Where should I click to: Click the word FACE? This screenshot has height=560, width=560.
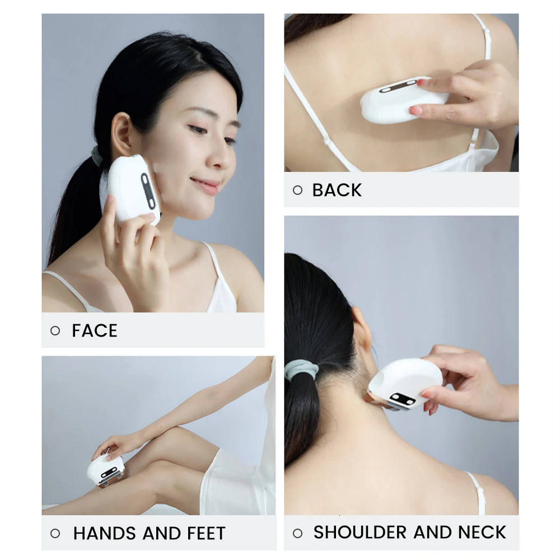pyautogui.click(x=95, y=331)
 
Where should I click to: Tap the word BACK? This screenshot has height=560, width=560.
pyautogui.click(x=337, y=190)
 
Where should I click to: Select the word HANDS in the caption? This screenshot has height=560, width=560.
pyautogui.click(x=105, y=534)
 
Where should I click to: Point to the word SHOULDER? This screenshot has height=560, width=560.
pyautogui.click(x=360, y=532)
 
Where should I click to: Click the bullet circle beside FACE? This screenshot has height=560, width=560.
pyautogui.click(x=55, y=331)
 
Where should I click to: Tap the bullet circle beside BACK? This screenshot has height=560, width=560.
pyautogui.click(x=297, y=190)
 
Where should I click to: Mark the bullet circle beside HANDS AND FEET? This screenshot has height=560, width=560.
pyautogui.click(x=55, y=534)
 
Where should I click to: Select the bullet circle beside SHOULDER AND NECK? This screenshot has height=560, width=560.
pyautogui.click(x=297, y=533)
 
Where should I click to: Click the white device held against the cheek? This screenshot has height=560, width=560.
pyautogui.click(x=134, y=189)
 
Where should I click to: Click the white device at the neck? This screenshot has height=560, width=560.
pyautogui.click(x=404, y=384)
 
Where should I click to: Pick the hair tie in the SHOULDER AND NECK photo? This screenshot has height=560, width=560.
pyautogui.click(x=302, y=370)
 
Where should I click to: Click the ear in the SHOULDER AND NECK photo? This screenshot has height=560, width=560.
pyautogui.click(x=361, y=329)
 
